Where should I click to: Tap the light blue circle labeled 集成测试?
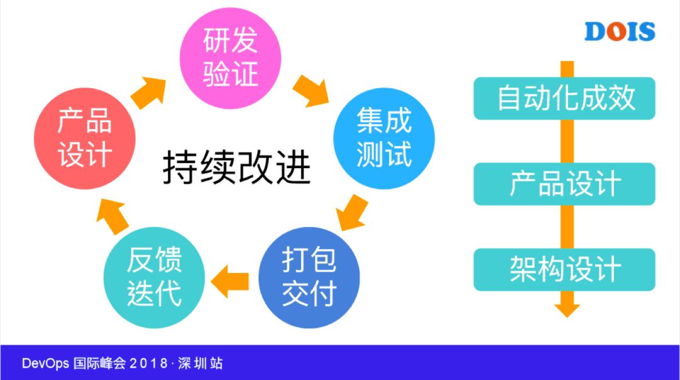(x=383, y=137)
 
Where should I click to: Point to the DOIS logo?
(x=620, y=31)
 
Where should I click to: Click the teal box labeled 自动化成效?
(x=565, y=98)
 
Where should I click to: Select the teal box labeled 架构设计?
(x=565, y=270)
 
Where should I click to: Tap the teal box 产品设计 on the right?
(x=565, y=184)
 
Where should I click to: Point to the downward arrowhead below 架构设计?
(x=567, y=308)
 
